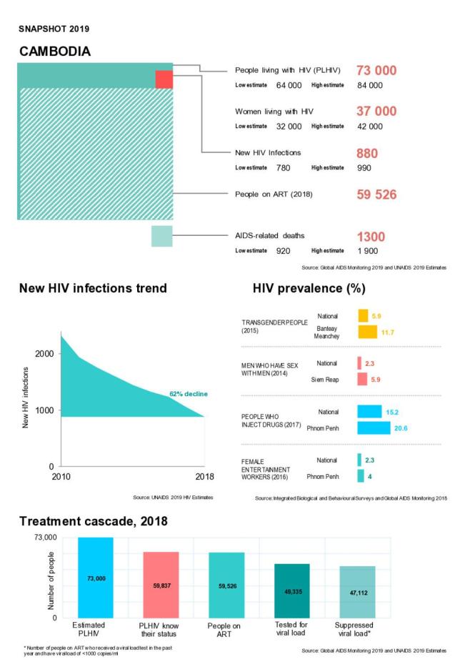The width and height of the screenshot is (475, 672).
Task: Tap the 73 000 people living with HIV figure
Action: pyautogui.click(x=376, y=70)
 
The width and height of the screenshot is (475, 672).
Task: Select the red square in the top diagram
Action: pyautogui.click(x=164, y=79)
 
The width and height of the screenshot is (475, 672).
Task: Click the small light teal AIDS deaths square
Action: pyautogui.click(x=161, y=236)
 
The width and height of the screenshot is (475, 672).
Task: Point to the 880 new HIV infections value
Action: pyautogui.click(x=367, y=153)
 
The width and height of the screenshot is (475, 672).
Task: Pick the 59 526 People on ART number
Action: pyautogui.click(x=376, y=194)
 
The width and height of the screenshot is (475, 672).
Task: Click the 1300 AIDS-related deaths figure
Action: pyautogui.click(x=371, y=237)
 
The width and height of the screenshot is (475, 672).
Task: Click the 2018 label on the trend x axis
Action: pyautogui.click(x=204, y=478)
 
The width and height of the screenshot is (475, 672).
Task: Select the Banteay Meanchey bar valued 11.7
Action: pyautogui.click(x=367, y=332)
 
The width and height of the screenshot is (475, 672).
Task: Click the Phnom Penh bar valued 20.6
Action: pyautogui.click(x=374, y=428)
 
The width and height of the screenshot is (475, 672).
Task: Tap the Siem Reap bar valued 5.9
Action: pyautogui.click(x=363, y=379)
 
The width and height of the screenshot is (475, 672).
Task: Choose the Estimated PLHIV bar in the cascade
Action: pyautogui.click(x=96, y=578)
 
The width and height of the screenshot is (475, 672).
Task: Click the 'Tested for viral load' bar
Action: pyautogui.click(x=292, y=591)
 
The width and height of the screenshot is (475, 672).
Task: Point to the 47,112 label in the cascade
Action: pyautogui.click(x=358, y=593)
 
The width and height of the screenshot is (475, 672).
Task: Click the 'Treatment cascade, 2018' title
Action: pyautogui.click(x=93, y=522)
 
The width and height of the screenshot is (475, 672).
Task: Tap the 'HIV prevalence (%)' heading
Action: pyautogui.click(x=309, y=289)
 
